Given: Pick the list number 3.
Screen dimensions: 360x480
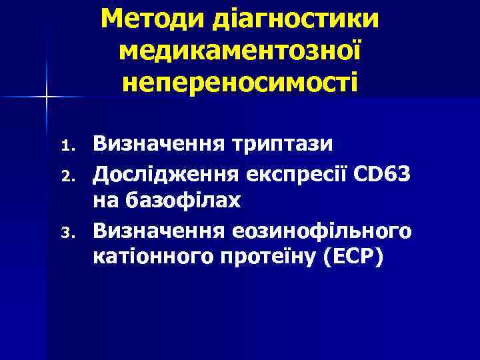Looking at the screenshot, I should [65, 233].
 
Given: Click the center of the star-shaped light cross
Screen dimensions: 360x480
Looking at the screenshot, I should [46, 97].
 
